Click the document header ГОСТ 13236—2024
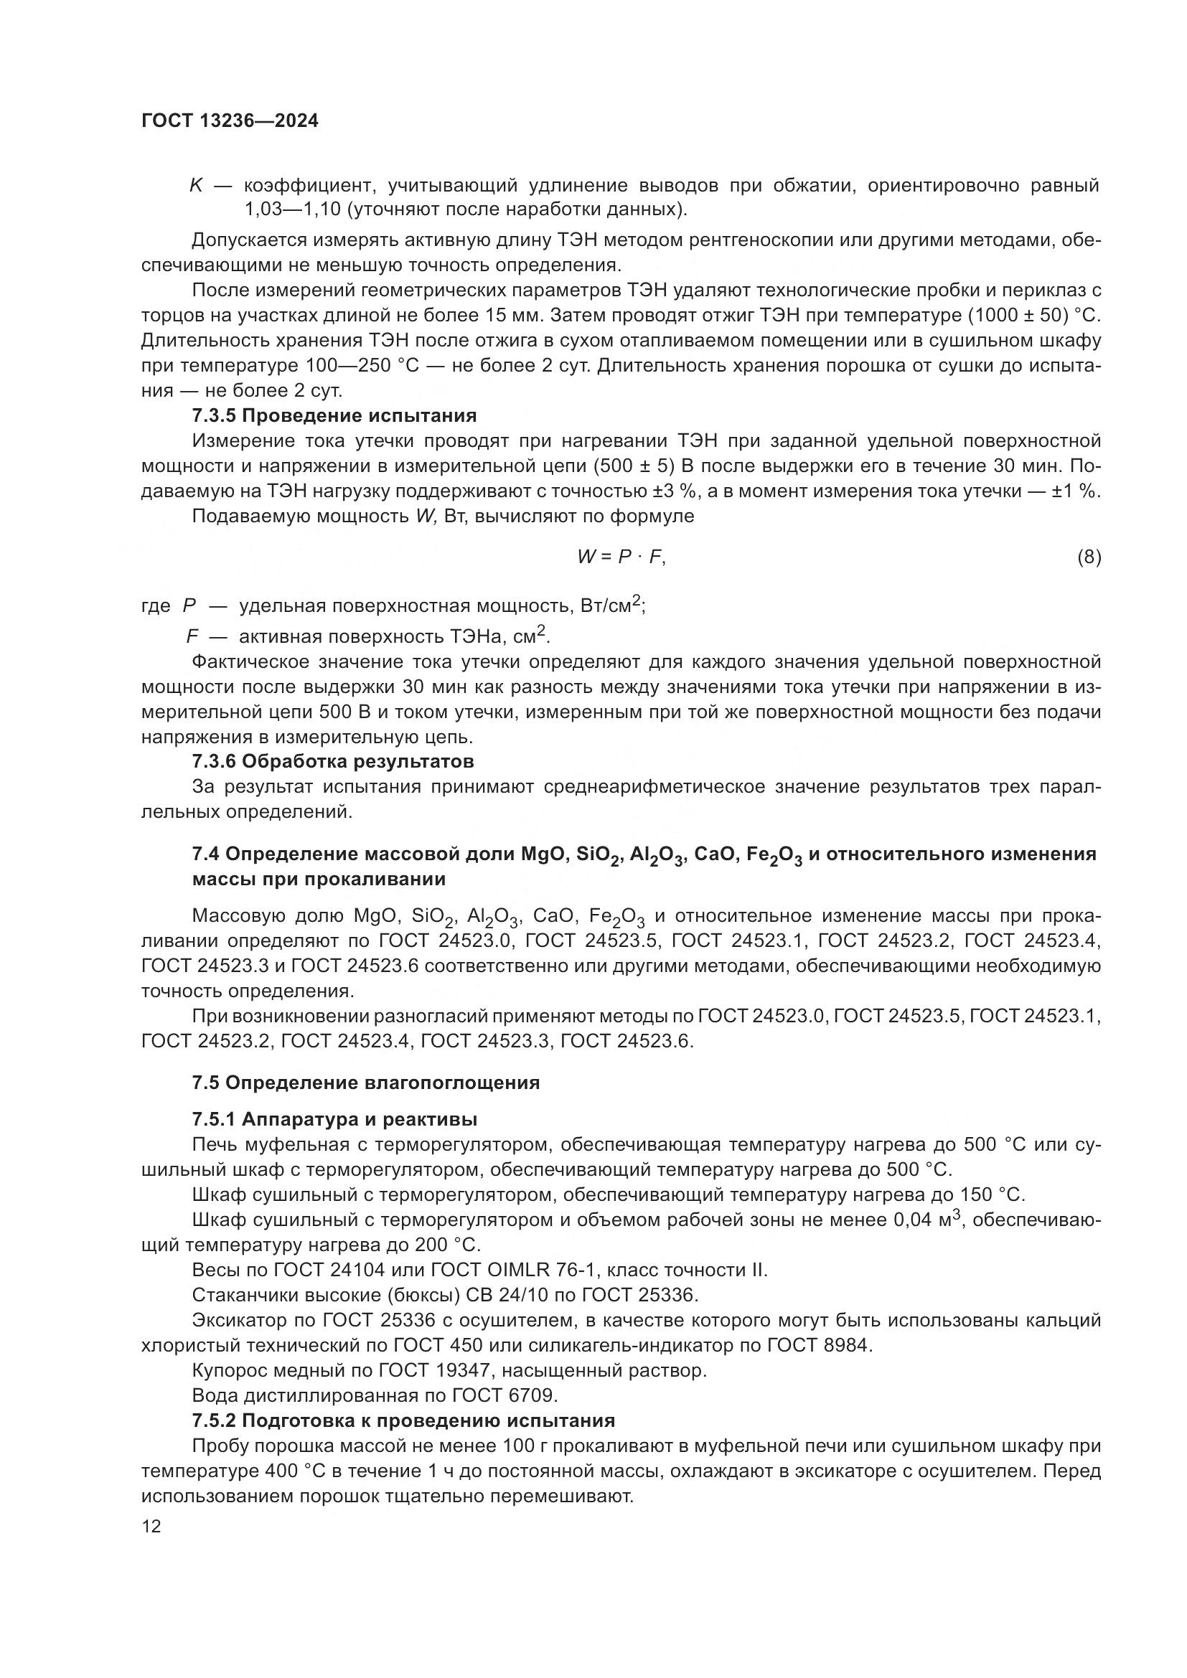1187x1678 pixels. point(230,121)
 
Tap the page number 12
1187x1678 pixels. point(151,1526)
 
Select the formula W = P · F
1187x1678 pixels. point(621,557)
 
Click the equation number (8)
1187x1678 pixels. point(1089,557)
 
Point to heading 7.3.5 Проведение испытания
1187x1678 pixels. point(334,416)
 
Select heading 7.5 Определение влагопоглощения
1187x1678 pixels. point(365,1083)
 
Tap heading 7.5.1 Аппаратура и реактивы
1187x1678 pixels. point(334,1119)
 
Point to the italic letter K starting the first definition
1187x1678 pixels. point(196,186)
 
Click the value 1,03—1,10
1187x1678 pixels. point(291,210)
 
